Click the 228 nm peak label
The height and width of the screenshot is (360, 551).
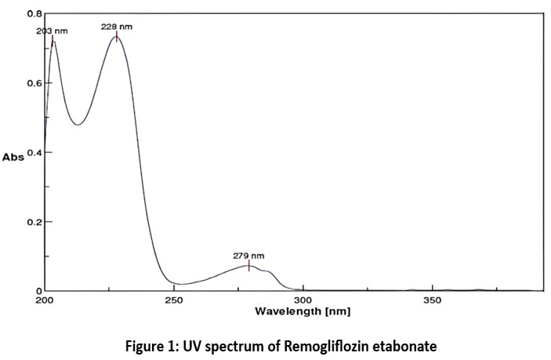click(116, 26)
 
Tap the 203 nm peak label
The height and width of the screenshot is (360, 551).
click(52, 31)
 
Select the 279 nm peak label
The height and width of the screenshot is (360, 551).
click(248, 256)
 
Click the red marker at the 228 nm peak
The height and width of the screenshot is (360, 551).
click(117, 36)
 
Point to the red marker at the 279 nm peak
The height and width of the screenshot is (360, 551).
click(249, 266)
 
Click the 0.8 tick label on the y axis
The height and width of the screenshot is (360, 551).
click(34, 14)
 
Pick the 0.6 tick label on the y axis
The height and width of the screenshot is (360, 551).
click(34, 83)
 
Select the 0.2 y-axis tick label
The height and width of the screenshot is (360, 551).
click(34, 221)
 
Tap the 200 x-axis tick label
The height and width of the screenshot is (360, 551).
click(45, 300)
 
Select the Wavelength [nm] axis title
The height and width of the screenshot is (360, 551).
click(303, 311)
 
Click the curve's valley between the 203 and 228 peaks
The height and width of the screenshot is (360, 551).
click(77, 125)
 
